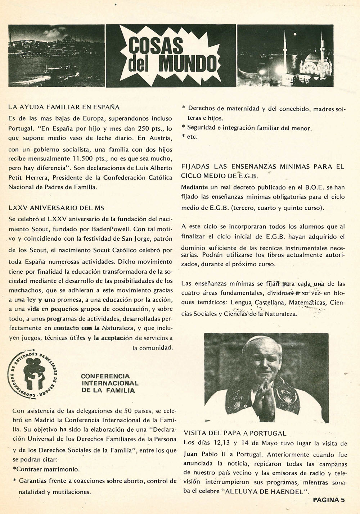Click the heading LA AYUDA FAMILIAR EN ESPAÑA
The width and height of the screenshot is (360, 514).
(64, 107)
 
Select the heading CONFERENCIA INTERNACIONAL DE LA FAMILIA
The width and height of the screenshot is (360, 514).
(109, 383)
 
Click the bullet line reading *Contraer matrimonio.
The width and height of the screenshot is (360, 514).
(46, 469)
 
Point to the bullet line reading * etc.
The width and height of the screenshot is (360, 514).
(190, 137)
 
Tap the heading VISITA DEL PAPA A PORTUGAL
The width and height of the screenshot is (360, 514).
(235, 433)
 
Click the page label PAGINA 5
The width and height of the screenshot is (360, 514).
(329, 500)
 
